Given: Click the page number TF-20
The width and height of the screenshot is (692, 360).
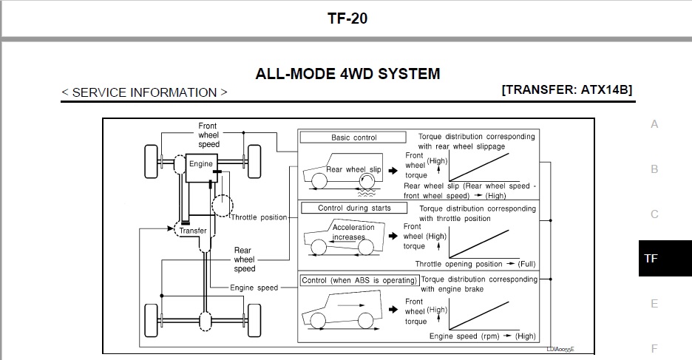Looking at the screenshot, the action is point(347,18).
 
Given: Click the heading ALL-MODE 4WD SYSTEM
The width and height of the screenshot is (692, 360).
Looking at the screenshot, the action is point(347,74).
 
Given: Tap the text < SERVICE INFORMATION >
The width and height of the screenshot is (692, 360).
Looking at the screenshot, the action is point(145,92).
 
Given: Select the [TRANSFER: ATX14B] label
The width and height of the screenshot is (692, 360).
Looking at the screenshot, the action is point(566,89).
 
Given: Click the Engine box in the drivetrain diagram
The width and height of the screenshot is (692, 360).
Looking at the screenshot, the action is point(201,168).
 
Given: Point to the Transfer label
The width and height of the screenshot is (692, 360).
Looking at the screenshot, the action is point(193,231).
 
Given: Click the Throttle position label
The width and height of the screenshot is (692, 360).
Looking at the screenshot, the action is point(259,217).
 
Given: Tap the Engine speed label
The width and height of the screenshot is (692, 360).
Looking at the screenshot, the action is point(254,288).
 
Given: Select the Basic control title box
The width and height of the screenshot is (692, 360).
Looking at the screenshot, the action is point(353,137).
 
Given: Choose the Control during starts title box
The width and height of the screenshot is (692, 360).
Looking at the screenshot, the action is point(354,208).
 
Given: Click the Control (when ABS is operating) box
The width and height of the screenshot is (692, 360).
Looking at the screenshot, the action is point(359,280).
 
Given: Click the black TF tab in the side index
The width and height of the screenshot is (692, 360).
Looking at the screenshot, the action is point(665,258).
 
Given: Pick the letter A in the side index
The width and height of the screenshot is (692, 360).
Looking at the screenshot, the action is point(654,124).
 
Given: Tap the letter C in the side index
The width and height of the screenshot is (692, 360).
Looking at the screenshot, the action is point(654,214).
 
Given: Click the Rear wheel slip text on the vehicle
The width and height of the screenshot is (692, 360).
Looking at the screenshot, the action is point(353,169).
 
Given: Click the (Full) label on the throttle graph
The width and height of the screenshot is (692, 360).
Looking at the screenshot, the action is point(526,264).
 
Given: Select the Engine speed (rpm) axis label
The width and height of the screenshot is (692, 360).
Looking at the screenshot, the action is point(464,336).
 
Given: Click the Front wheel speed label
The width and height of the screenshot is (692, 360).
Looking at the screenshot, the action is point(208,135).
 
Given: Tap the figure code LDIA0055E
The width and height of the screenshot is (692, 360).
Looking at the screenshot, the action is point(560,350).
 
